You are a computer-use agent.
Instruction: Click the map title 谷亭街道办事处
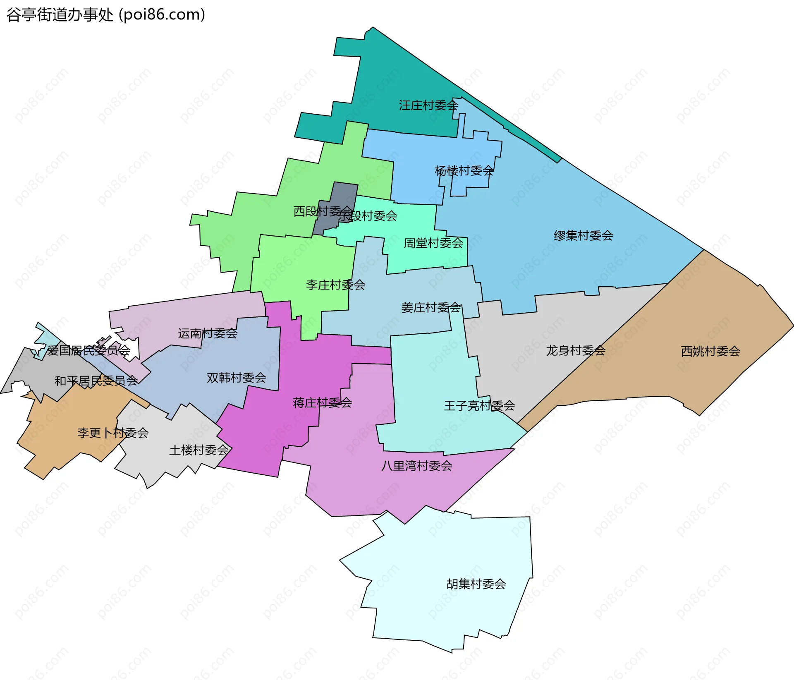click(x=60, y=15)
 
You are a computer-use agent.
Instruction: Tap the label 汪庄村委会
click(x=428, y=105)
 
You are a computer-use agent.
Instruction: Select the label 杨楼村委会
click(x=464, y=170)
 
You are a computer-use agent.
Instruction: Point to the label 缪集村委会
click(x=583, y=235)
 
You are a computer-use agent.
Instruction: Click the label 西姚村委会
click(x=710, y=351)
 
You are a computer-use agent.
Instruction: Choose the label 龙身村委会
click(x=576, y=350)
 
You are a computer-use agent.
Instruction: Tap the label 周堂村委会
click(x=433, y=243)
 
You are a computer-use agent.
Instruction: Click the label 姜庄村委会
click(x=430, y=307)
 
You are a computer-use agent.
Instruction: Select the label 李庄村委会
click(x=335, y=285)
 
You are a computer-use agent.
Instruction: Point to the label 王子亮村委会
click(x=479, y=405)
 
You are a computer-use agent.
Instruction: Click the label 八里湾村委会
click(x=416, y=466)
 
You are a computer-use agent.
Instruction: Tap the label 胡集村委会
click(x=476, y=584)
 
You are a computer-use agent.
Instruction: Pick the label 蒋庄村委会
click(x=322, y=402)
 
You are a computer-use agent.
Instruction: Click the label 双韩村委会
click(x=236, y=377)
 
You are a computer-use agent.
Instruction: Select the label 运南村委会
click(x=208, y=333)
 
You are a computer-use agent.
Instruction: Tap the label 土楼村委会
click(x=199, y=450)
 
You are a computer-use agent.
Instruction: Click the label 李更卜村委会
click(x=113, y=433)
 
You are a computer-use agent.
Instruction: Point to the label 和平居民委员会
click(x=96, y=381)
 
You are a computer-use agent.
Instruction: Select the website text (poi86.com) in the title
click(x=162, y=15)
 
